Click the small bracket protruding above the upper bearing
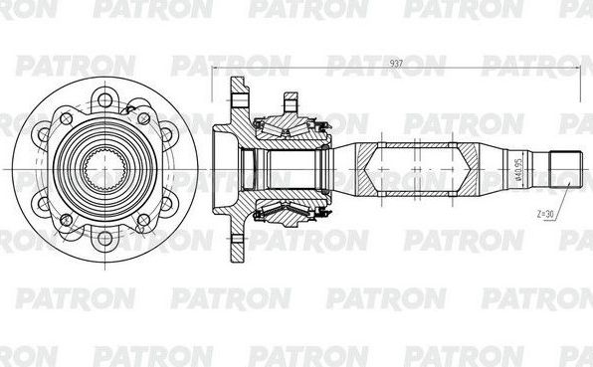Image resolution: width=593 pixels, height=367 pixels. tap(291, 100)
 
